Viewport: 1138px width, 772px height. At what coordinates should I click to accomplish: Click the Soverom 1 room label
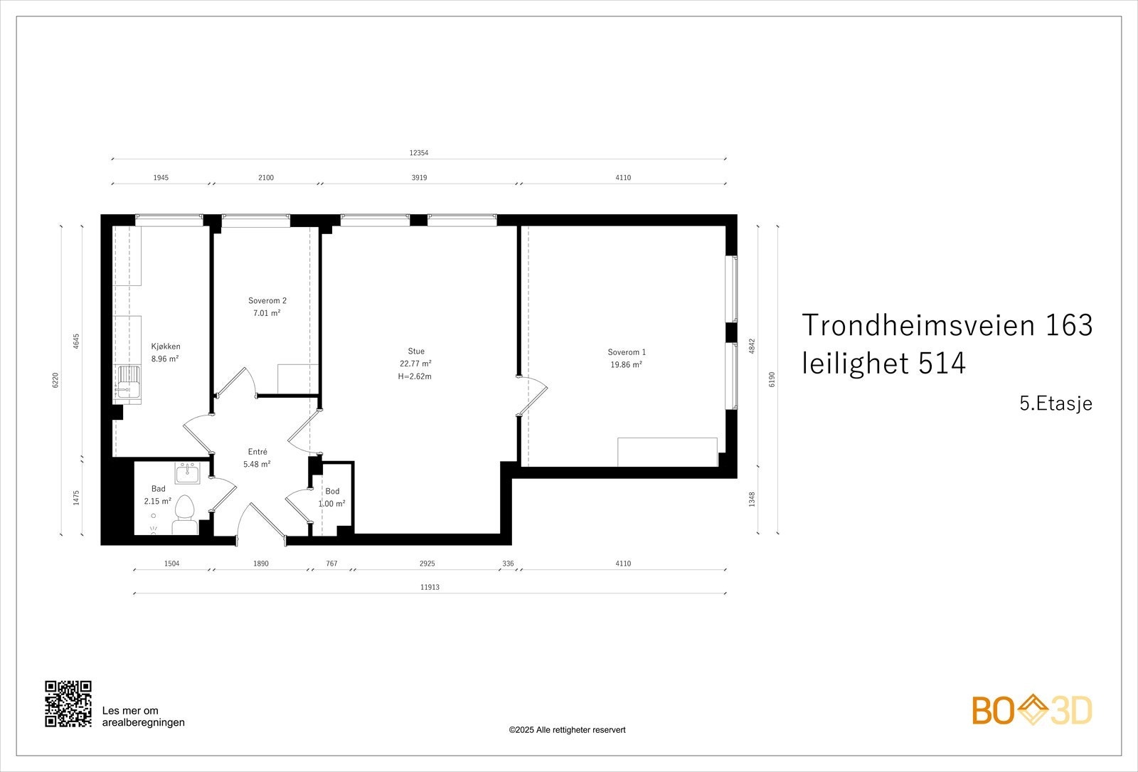pos(627,352)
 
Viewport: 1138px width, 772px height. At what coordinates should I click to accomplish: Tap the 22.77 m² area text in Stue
pos(416,364)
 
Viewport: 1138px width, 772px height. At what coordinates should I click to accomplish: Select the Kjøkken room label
pos(165,347)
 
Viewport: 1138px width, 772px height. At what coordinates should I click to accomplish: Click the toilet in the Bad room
pos(184,514)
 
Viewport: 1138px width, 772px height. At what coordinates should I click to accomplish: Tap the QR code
pos(68,704)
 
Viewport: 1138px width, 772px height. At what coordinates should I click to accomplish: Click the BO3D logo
pos(1032,710)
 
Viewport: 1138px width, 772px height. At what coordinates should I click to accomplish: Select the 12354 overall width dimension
pos(419,153)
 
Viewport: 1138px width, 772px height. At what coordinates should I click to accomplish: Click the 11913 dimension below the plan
pos(429,588)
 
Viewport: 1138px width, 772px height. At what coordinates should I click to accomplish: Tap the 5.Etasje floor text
pos(1055,404)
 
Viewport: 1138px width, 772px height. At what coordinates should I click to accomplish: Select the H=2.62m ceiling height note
pos(415,376)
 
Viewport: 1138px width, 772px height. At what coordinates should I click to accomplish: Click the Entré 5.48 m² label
pos(257,458)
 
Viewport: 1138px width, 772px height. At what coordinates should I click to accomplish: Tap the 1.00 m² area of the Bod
pos(331,504)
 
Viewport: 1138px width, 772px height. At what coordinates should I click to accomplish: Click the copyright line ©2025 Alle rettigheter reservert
pos(567,730)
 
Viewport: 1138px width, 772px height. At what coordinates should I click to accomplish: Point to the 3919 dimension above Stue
pos(419,178)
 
